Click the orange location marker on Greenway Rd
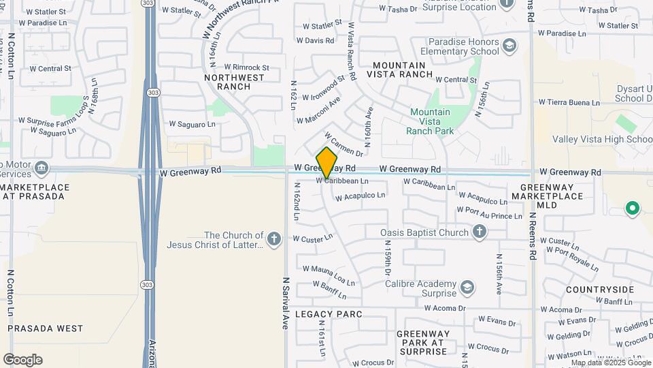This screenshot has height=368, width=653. click(327, 163)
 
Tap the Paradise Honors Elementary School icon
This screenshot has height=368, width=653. click(509, 46)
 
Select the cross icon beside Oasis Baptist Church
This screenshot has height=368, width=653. click(480, 232)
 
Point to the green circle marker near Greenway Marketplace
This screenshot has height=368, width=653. click(632, 208)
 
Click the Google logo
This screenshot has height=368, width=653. click(22, 359)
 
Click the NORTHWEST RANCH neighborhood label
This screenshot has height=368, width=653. click(235, 82)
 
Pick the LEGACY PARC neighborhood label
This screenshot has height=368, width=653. click(329, 314)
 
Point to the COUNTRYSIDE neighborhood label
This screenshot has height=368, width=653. click(600, 290)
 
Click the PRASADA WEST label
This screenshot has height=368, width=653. click(46, 328)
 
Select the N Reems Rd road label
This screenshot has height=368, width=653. click(532, 236)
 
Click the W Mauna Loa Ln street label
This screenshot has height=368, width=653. click(329, 275)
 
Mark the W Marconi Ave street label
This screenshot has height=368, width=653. click(318, 110)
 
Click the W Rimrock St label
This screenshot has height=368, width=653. click(247, 67)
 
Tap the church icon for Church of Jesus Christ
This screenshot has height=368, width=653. click(273, 239)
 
